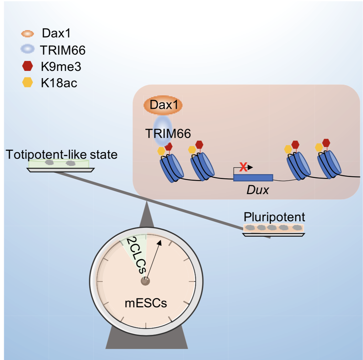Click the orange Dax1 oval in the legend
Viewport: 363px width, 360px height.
27,34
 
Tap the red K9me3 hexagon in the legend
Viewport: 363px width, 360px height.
27,66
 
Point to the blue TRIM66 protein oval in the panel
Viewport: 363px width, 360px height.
162,130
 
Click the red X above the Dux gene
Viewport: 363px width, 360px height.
243,167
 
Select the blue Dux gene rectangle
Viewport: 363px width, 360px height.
253,178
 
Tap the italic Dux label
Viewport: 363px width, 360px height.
257,190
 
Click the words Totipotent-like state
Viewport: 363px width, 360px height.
62,154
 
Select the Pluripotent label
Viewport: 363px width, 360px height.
274,217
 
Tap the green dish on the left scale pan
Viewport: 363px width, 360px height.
60,163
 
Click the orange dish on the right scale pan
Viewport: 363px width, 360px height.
273,228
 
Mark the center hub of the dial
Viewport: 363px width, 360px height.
145,281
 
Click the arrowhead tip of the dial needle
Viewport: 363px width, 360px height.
160,242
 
